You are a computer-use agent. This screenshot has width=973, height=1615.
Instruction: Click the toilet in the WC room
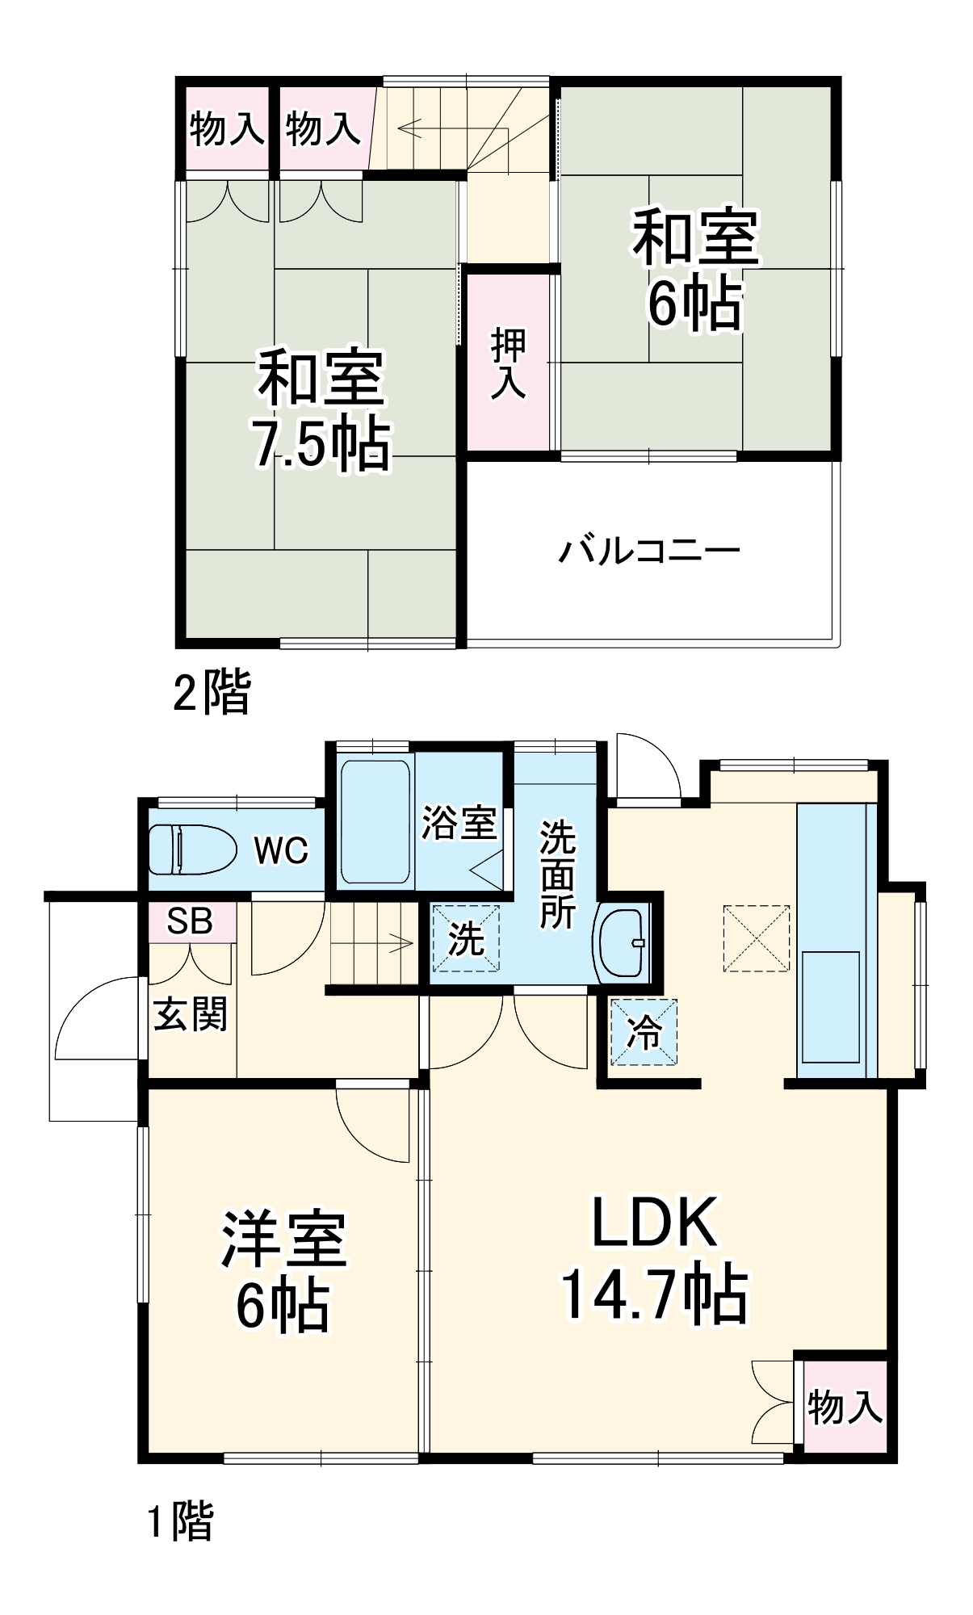coord(191,849)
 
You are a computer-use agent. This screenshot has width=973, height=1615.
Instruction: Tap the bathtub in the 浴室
coord(375,821)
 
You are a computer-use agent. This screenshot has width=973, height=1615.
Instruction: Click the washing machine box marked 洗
coord(466,938)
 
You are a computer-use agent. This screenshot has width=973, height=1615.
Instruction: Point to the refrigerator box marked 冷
coord(644,1032)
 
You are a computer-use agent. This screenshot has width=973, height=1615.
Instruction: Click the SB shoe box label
coord(190,921)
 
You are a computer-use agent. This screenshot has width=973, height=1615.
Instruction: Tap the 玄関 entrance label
coord(191,1014)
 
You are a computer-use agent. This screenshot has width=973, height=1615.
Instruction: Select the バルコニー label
coord(649,551)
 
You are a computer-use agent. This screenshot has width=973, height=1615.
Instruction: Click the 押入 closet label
coord(509,363)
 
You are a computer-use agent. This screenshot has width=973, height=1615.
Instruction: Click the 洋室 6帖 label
coord(283,1272)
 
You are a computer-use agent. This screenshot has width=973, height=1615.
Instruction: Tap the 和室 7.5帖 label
coord(321,409)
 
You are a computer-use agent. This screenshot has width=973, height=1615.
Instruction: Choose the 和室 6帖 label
coord(695,270)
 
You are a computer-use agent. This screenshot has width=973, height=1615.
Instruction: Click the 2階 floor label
coord(212,692)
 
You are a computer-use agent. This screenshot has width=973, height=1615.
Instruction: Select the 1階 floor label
coord(180,1521)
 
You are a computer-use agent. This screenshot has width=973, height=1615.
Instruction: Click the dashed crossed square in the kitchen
coord(757,938)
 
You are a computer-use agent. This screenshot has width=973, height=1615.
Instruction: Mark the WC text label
coord(281,850)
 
